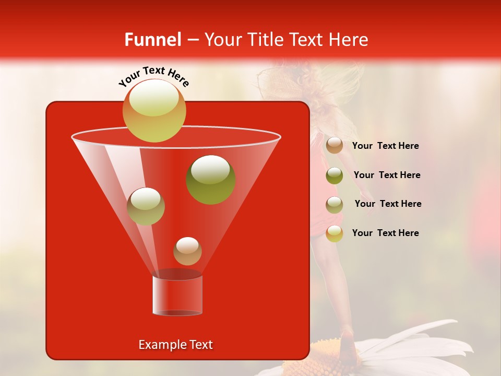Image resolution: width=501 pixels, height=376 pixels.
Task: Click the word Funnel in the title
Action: [152, 40]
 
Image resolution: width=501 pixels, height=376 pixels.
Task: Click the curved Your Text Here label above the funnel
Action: [154, 76]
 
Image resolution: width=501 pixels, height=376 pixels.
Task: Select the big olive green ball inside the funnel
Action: [211, 179]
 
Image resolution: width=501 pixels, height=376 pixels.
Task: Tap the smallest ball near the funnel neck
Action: [187, 251]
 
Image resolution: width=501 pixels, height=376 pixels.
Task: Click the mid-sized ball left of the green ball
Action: [146, 206]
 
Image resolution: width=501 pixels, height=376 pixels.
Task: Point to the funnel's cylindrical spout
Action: [177, 295]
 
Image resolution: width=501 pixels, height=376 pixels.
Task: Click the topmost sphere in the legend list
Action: [335, 145]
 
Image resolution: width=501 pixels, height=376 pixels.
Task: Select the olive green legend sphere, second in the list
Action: [335, 175]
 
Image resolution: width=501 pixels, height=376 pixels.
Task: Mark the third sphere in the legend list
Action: [335, 204]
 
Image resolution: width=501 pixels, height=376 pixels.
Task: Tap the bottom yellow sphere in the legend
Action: [335, 233]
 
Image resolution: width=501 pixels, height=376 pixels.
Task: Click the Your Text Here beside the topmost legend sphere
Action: [385, 146]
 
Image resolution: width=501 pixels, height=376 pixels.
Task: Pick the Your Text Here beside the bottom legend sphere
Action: [385, 233]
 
